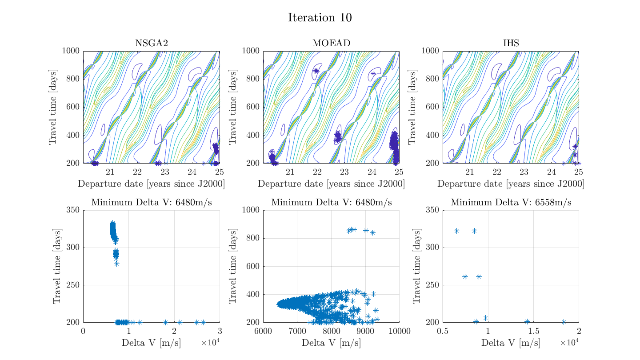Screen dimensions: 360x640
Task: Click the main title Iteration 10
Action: pyautogui.click(x=320, y=18)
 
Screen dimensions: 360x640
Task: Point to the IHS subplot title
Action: pyautogui.click(x=511, y=43)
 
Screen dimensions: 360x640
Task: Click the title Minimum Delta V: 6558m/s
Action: pyautogui.click(x=511, y=203)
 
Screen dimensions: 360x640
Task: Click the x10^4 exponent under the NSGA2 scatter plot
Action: pyautogui.click(x=210, y=343)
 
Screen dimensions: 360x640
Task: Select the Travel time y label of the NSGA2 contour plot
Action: pyautogui.click(x=53, y=107)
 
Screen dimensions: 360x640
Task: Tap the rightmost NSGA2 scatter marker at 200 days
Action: pyautogui.click(x=203, y=322)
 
